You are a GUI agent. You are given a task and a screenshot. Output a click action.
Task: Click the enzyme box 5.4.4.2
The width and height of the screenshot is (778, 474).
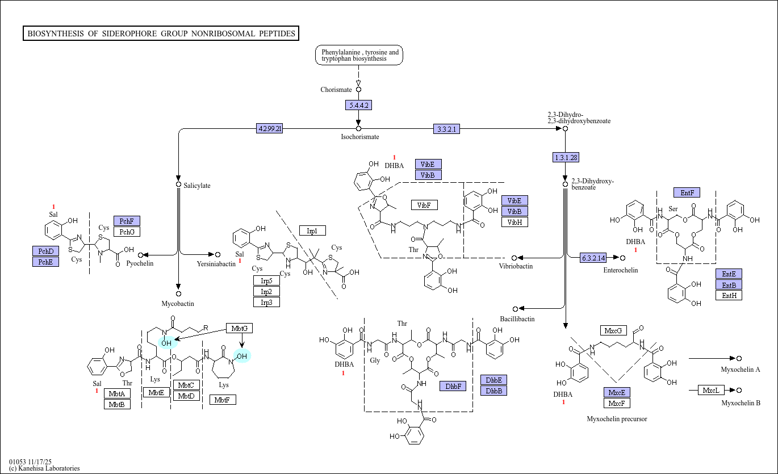(x=358, y=105)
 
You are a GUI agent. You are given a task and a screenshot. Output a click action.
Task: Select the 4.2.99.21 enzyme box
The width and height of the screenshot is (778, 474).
(x=269, y=128)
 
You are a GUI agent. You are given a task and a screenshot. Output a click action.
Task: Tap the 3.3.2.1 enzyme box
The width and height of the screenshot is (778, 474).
(x=446, y=129)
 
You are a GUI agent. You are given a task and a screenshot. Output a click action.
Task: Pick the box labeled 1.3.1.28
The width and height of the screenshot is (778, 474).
(x=566, y=157)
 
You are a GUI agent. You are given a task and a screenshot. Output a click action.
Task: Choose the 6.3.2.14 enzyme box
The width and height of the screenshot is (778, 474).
(x=593, y=258)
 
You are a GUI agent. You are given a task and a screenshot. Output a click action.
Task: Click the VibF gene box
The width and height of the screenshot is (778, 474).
(x=424, y=205)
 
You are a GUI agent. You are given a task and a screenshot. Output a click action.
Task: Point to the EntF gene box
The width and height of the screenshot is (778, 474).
(x=687, y=192)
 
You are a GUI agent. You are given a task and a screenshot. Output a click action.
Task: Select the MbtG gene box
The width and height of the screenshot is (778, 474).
(x=239, y=328)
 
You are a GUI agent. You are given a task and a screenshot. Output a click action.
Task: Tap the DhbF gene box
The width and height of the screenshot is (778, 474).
(x=453, y=386)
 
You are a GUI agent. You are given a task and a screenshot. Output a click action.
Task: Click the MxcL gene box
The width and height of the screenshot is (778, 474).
(x=711, y=390)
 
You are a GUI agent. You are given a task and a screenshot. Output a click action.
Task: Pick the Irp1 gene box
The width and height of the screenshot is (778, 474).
(x=312, y=230)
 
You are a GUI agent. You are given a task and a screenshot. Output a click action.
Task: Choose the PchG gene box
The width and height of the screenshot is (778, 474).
(x=127, y=232)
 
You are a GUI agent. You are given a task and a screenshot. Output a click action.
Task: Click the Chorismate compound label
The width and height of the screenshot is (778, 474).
(x=336, y=90)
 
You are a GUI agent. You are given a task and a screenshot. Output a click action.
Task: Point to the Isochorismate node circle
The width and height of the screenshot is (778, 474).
(x=358, y=128)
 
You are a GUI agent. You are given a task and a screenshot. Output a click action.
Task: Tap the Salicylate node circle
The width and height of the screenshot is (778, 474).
(x=178, y=184)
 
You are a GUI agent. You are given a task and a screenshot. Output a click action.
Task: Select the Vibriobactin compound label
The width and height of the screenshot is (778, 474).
(x=516, y=266)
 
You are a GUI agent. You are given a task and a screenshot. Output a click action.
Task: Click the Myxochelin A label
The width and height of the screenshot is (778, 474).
(x=741, y=370)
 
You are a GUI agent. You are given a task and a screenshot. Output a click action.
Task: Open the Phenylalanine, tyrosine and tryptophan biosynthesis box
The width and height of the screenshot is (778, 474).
(x=359, y=55)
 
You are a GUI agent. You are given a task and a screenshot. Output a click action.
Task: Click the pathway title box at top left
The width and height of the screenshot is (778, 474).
(x=161, y=33)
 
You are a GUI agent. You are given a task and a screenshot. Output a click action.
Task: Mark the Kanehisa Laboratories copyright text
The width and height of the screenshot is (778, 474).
(x=44, y=468)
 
